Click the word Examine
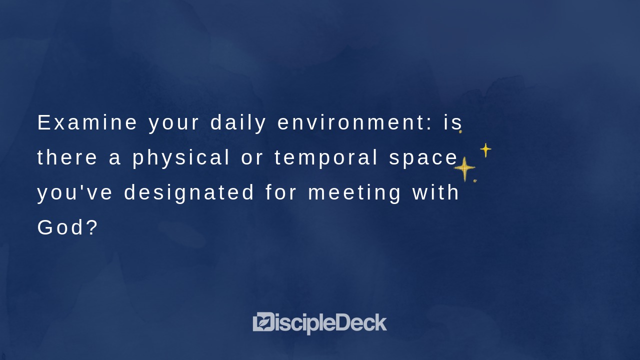(x=87, y=123)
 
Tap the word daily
(x=238, y=123)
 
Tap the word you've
(x=75, y=193)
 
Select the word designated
(x=189, y=193)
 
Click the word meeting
(x=355, y=193)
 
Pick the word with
(x=435, y=193)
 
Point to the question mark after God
(x=92, y=228)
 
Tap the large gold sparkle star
(x=464, y=168)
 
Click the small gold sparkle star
(x=485, y=149)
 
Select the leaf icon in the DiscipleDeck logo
(x=263, y=322)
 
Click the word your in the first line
(x=174, y=123)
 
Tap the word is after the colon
(x=453, y=123)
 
